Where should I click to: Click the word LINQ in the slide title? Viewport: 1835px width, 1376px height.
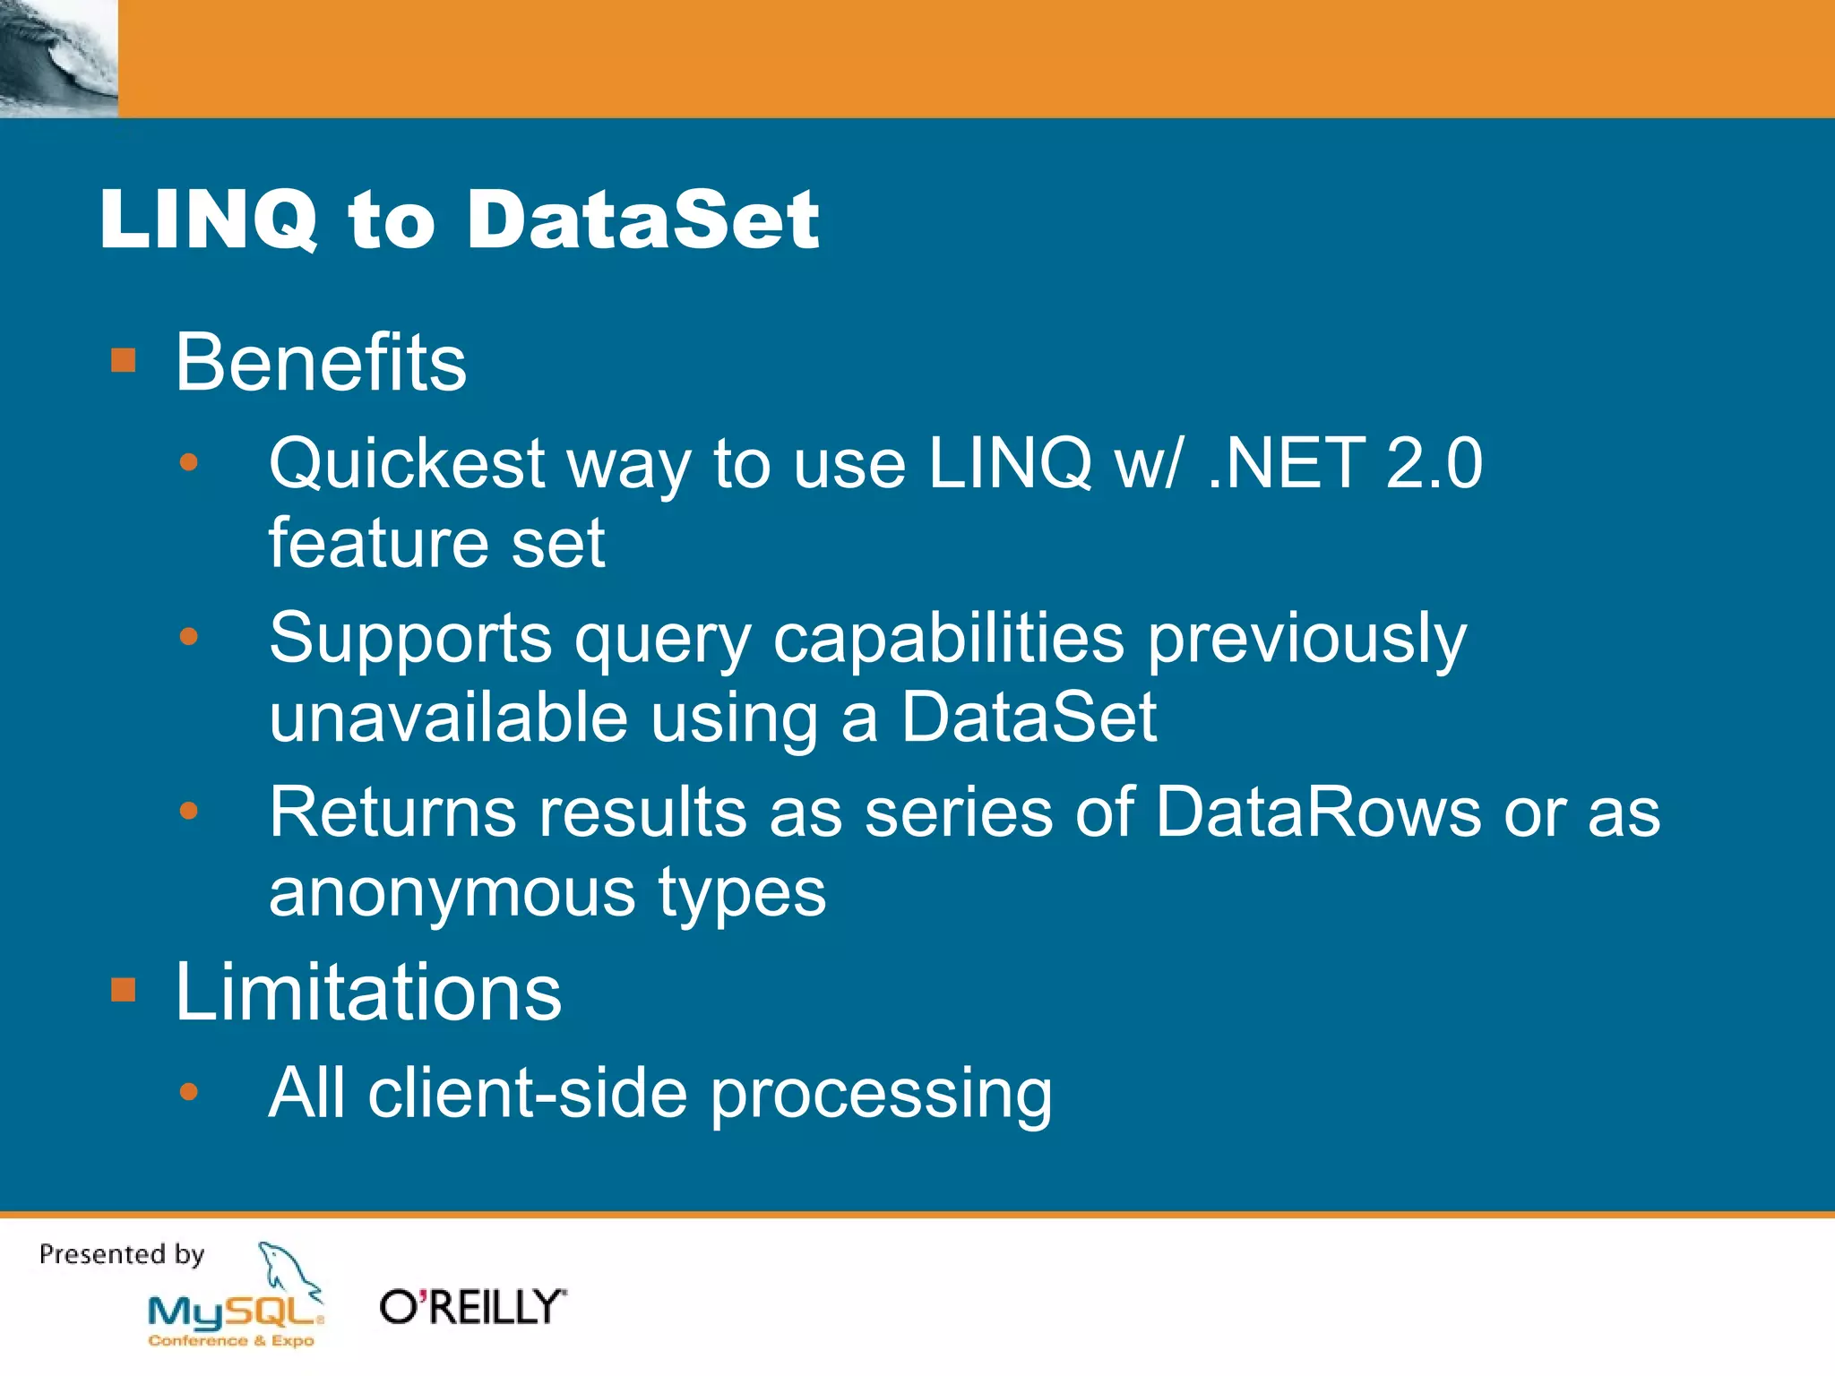pyautogui.click(x=208, y=220)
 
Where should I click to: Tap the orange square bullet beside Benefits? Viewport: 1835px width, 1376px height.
pyautogui.click(x=123, y=361)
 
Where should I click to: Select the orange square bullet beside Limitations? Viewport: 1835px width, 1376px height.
pyautogui.click(x=123, y=991)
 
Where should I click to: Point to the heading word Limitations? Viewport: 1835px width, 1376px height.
pyautogui.click(x=367, y=992)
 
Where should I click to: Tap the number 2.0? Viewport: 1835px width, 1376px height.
pyautogui.click(x=1434, y=464)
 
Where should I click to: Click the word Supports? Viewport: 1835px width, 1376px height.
pyautogui.click(x=410, y=640)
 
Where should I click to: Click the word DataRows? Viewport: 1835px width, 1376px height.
pyautogui.click(x=1317, y=813)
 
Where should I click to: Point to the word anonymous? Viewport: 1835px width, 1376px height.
pyautogui.click(x=452, y=892)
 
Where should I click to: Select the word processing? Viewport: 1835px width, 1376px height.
pyautogui.click(x=881, y=1096)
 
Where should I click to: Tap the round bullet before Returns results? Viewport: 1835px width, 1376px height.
pyautogui.click(x=188, y=812)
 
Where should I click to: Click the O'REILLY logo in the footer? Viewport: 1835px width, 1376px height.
pyautogui.click(x=472, y=1307)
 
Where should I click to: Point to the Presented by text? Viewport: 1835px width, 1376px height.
pyautogui.click(x=122, y=1254)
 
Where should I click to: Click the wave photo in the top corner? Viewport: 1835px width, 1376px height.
pyautogui.click(x=58, y=58)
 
